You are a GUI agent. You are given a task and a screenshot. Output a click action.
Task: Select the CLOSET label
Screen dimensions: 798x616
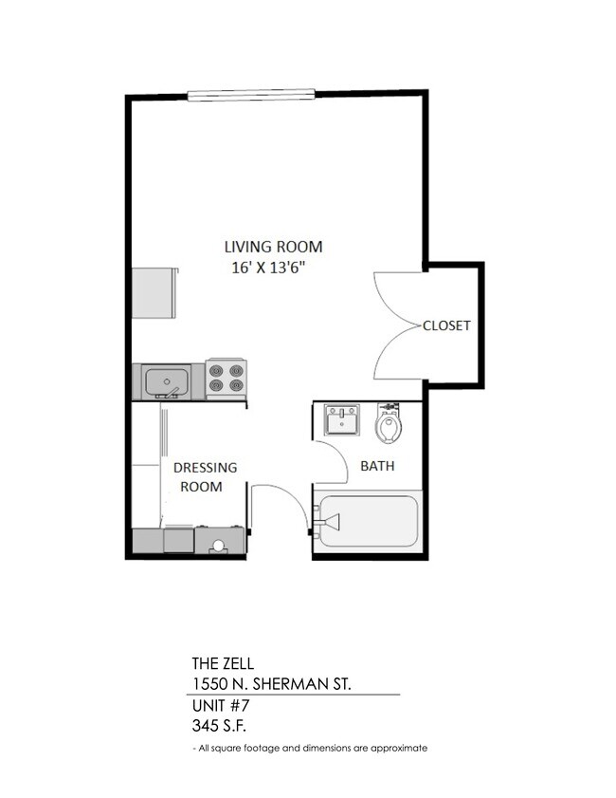(x=446, y=325)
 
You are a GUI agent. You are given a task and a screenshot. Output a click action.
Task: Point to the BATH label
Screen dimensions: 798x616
(x=377, y=466)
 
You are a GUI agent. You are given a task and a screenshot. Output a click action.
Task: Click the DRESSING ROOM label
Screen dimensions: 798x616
(x=204, y=477)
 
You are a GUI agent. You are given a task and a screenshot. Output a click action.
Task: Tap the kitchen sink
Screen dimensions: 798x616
(x=166, y=381)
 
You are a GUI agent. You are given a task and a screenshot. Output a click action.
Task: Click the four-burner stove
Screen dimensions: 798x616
(x=226, y=379)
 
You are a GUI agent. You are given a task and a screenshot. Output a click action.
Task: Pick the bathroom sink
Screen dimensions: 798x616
(x=341, y=419)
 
